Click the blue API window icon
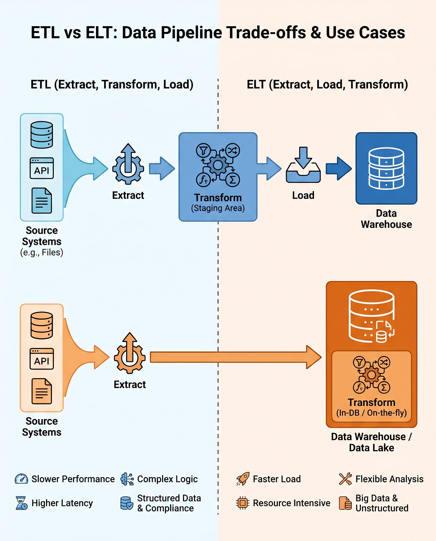(x=42, y=168)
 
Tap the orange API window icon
(x=42, y=359)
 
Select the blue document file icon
(x=42, y=200)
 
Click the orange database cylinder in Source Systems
(x=42, y=325)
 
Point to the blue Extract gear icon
(x=128, y=164)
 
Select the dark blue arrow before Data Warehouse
(x=338, y=168)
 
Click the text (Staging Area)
(x=218, y=208)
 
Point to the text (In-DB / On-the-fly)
(x=371, y=413)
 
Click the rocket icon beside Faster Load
(x=243, y=479)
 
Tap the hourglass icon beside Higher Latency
(x=21, y=503)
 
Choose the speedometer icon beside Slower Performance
(x=22, y=479)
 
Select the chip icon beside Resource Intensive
(x=243, y=503)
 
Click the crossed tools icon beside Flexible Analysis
(x=345, y=479)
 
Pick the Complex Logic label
(x=167, y=479)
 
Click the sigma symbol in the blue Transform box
(x=233, y=180)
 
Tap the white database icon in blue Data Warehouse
(x=386, y=168)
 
